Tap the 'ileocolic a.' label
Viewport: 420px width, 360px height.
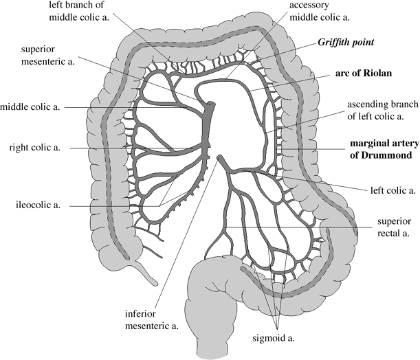[34, 204]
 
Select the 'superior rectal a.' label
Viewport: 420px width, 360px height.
[393, 227]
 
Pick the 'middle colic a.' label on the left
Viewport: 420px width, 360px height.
[33, 107]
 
